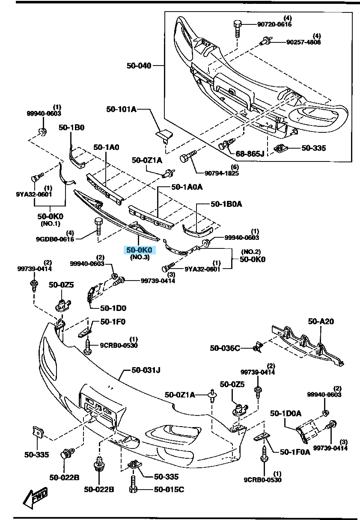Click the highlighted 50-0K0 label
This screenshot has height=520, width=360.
point(140,250)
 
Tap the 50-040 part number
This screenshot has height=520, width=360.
point(140,66)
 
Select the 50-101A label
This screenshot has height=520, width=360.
point(121,110)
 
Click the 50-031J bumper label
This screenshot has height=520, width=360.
point(146,370)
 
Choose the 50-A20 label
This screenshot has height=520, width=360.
point(321,321)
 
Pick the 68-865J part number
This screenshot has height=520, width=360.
point(249,152)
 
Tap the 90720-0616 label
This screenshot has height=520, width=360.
point(275,24)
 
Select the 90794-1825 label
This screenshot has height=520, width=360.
point(222,173)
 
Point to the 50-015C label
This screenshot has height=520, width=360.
point(169,489)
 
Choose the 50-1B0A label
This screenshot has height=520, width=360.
point(226,204)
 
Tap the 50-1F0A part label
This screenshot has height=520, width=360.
point(295,452)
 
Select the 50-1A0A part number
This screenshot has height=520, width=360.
point(187,187)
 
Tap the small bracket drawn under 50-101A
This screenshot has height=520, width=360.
point(163,136)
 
